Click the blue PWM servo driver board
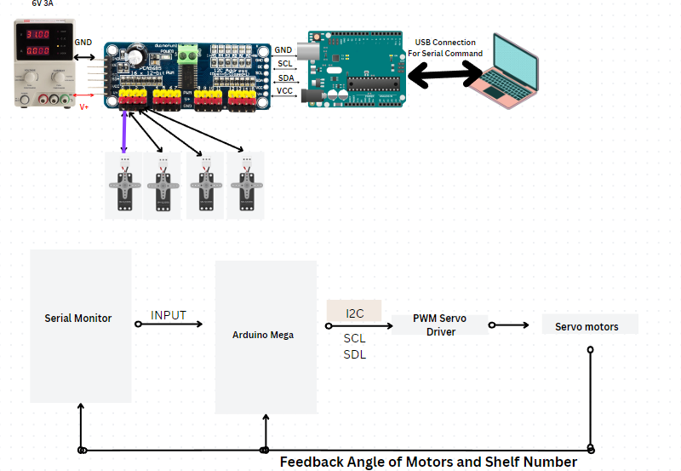(x=187, y=76)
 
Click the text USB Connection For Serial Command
(x=449, y=48)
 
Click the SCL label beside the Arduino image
(x=284, y=64)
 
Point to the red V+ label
(x=84, y=107)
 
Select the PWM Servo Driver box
(x=440, y=325)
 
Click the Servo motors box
(x=589, y=325)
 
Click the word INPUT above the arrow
(x=169, y=315)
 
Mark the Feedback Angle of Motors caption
(x=428, y=462)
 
